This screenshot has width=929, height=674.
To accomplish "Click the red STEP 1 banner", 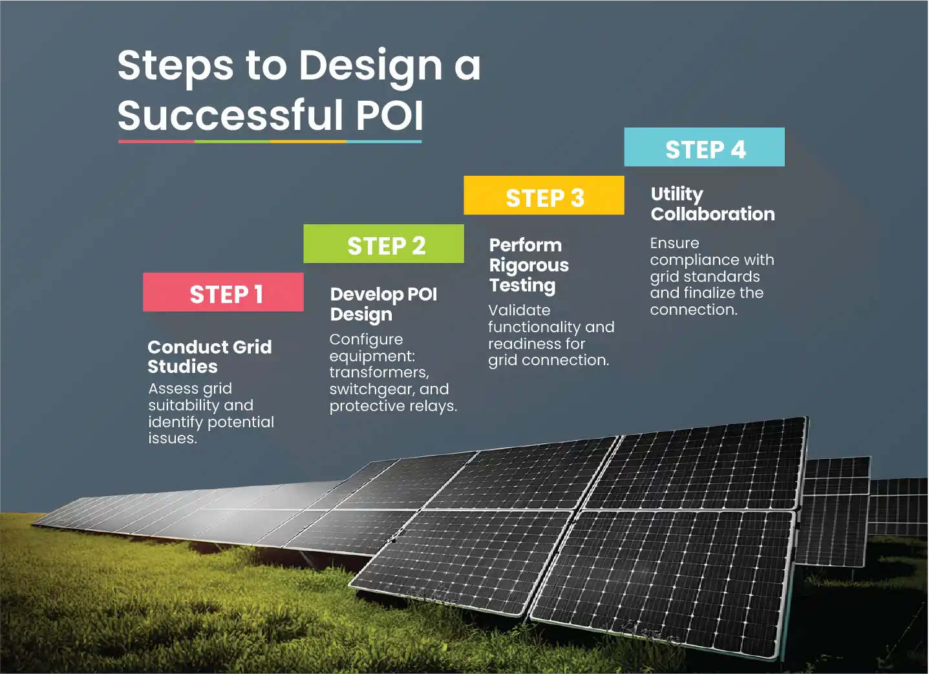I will tap(223, 293).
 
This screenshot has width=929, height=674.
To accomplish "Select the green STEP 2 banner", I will tap(383, 244).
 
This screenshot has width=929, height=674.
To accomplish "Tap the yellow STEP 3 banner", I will tap(544, 196).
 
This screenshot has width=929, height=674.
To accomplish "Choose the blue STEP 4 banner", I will tap(704, 148).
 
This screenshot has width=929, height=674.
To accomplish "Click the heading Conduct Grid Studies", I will tap(209, 357).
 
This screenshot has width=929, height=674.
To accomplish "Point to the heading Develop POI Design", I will tap(383, 304).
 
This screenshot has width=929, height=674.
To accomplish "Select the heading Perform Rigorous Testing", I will tap(528, 265).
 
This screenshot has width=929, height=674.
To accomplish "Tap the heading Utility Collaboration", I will tap(712, 204).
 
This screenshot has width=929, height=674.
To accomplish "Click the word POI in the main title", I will tap(389, 115).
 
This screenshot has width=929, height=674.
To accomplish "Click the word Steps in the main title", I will tap(175, 66).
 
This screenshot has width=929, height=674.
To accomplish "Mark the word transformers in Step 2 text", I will tap(379, 373).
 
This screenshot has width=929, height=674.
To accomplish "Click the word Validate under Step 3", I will tap(519, 310).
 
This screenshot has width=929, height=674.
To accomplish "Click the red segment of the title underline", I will tap(156, 141).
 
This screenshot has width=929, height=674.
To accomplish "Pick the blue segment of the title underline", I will tap(384, 141).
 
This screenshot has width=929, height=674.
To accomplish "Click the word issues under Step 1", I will tap(171, 439).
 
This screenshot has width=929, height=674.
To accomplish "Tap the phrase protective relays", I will tap(392, 406).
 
